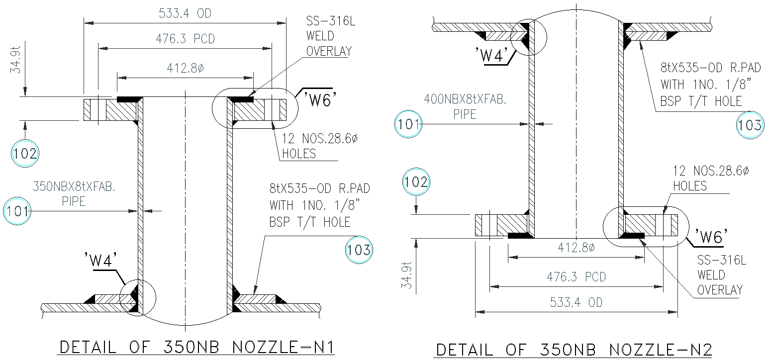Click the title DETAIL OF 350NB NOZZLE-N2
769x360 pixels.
pyautogui.click(x=577, y=349)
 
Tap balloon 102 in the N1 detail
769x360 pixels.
pyautogui.click(x=24, y=153)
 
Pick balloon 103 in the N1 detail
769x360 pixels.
pyautogui.click(x=359, y=250)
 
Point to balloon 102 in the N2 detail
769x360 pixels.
pyautogui.click(x=416, y=182)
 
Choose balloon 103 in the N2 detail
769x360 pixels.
pyautogui.click(x=749, y=125)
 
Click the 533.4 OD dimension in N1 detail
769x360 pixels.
pyautogui.click(x=185, y=13)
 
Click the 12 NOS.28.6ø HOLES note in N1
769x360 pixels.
pyautogui.click(x=319, y=146)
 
